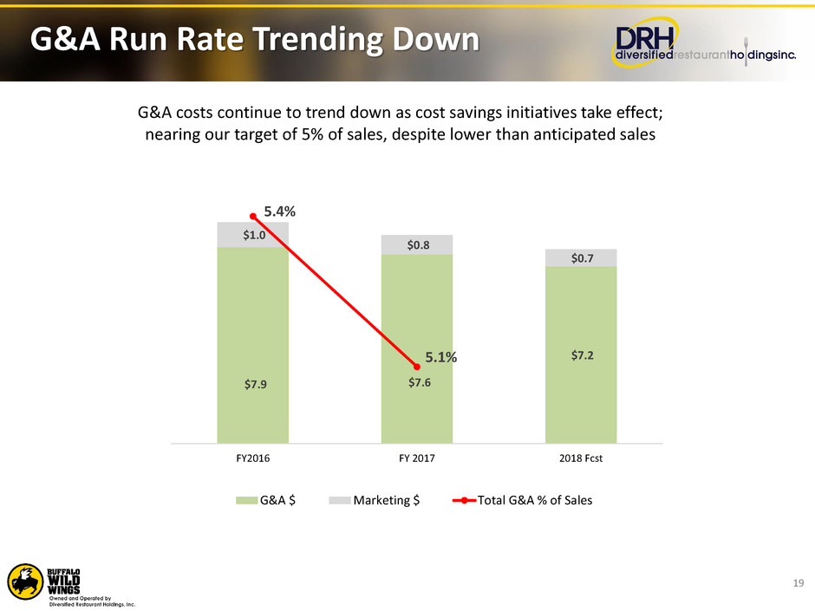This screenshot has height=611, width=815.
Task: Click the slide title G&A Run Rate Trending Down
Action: (x=254, y=40)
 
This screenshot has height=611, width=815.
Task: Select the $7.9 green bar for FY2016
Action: (x=252, y=347)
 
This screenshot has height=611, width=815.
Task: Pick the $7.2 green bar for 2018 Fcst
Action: (x=581, y=355)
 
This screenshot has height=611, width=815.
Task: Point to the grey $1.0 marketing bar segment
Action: (x=252, y=235)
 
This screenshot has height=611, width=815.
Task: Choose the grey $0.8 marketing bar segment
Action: (x=417, y=245)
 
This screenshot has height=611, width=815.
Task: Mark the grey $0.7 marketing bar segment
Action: (x=581, y=258)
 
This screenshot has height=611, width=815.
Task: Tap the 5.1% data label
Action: (x=441, y=356)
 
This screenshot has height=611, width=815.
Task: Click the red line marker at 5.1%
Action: (x=417, y=367)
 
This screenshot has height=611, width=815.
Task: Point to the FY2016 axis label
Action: (x=252, y=458)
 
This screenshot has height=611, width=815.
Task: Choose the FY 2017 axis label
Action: (x=417, y=458)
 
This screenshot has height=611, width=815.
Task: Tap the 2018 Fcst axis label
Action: (x=581, y=458)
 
